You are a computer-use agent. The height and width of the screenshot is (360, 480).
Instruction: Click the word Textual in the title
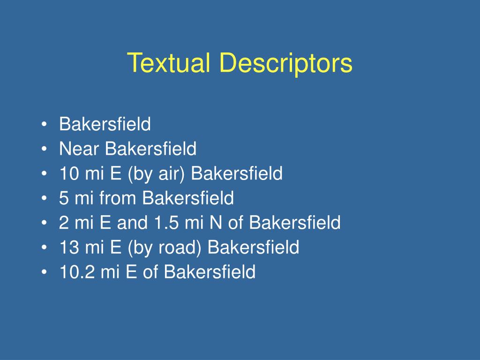pos(168,62)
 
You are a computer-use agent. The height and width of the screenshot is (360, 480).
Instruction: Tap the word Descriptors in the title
pos(286,64)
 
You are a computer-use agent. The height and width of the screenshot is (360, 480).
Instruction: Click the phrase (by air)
pos(157,174)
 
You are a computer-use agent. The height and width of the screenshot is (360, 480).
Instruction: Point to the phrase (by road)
pos(165,247)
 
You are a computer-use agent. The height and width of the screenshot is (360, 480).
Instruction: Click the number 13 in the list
pos(69,247)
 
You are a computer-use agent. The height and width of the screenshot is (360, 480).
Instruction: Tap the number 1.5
pos(166,223)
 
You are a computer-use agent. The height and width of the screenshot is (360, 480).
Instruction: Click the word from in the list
pos(118,198)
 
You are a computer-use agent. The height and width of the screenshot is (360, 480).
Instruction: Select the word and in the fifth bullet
pos(132,223)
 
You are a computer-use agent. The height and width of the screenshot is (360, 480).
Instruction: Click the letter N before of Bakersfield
pos(216,223)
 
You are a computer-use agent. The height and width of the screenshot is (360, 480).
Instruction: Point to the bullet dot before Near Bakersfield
pos(45,149)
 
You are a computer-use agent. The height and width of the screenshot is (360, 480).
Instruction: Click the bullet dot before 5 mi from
pos(45,198)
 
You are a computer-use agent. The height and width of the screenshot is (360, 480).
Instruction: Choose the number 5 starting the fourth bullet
pos(64,198)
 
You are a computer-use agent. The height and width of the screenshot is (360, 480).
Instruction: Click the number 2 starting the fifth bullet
pos(64,223)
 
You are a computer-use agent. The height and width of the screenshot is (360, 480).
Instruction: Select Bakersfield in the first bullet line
pos(105,124)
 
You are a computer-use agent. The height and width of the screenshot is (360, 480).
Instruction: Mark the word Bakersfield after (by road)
pos(254,247)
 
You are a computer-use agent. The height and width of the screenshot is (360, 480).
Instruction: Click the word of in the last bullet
pos(150,272)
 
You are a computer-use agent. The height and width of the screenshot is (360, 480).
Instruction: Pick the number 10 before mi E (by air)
pos(69,173)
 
